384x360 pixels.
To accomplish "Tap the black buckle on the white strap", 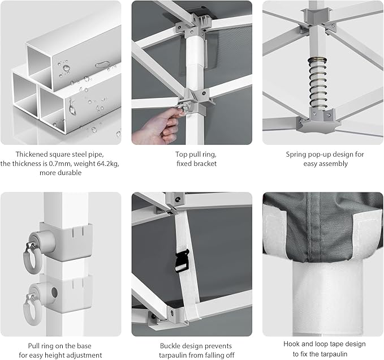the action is pos(182,260).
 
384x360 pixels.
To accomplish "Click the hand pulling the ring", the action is pos(157,126).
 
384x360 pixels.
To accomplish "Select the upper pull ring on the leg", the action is pos(32,258).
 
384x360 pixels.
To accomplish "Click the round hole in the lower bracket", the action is pos(54,293).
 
